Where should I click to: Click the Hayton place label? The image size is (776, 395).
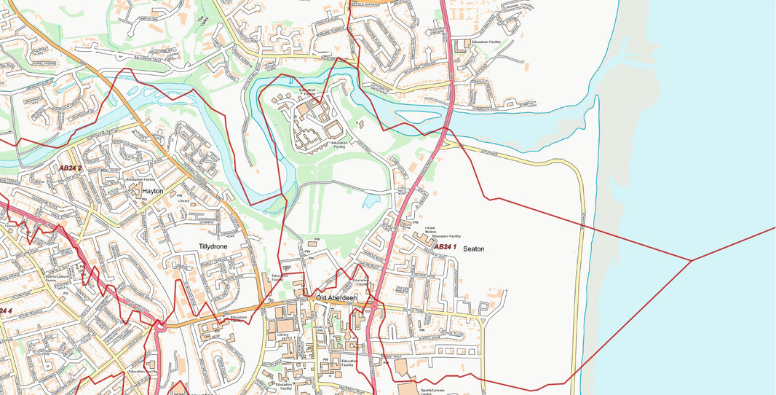[x=153, y=191]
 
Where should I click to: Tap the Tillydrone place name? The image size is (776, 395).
[x=213, y=247]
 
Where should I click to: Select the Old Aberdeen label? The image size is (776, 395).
[x=336, y=297]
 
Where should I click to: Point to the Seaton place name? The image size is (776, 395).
[x=473, y=249]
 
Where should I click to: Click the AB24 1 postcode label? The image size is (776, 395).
[x=445, y=247]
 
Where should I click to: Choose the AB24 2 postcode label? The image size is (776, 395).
[x=71, y=168]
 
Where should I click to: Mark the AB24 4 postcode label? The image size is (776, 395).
[x=6, y=311]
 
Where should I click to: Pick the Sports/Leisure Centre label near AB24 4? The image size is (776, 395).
[x=54, y=278]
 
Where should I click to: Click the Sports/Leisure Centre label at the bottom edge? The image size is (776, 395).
[x=435, y=391]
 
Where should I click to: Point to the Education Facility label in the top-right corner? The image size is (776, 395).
[x=496, y=43]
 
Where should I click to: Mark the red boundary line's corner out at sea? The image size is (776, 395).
[x=690, y=260]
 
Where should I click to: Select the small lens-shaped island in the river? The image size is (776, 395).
[x=416, y=116]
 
